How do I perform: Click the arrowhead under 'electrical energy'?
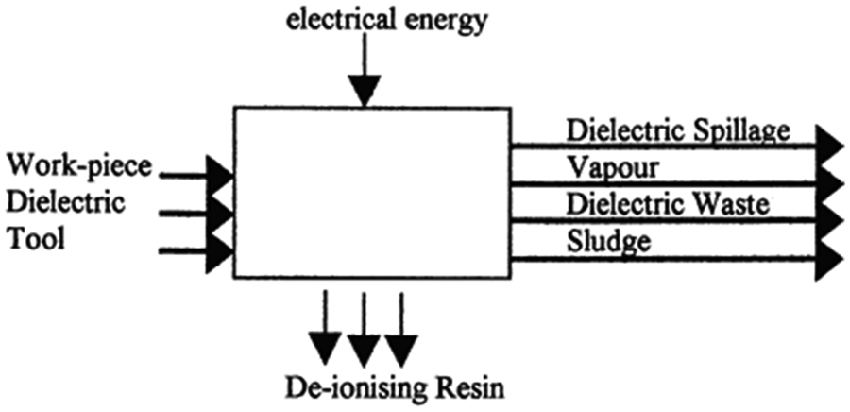(364, 91)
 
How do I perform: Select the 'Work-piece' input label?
(78, 165)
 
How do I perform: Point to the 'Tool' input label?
(35, 238)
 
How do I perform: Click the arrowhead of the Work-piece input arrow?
(219, 175)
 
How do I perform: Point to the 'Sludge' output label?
(609, 241)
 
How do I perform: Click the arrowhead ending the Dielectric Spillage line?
(830, 146)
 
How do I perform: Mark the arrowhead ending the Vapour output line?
(830, 184)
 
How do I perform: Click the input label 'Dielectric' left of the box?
(65, 202)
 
